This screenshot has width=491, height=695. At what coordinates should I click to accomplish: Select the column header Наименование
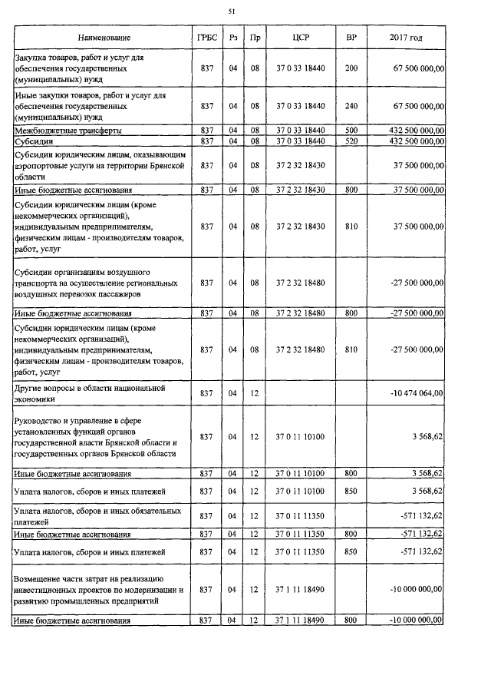[104, 38]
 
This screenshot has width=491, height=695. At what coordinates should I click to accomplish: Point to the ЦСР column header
[300, 38]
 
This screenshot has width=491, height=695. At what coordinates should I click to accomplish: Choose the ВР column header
[351, 38]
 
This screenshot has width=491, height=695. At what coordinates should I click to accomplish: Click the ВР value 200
[351, 68]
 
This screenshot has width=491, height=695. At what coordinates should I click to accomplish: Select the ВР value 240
[351, 106]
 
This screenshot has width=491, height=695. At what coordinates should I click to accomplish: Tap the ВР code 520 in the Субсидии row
[351, 141]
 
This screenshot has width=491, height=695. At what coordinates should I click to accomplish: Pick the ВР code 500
[351, 131]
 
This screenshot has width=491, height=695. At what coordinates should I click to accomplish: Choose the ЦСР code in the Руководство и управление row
[300, 437]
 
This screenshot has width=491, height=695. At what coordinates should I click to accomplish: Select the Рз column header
[232, 38]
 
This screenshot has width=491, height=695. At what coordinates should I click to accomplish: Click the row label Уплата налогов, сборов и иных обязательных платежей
[98, 515]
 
